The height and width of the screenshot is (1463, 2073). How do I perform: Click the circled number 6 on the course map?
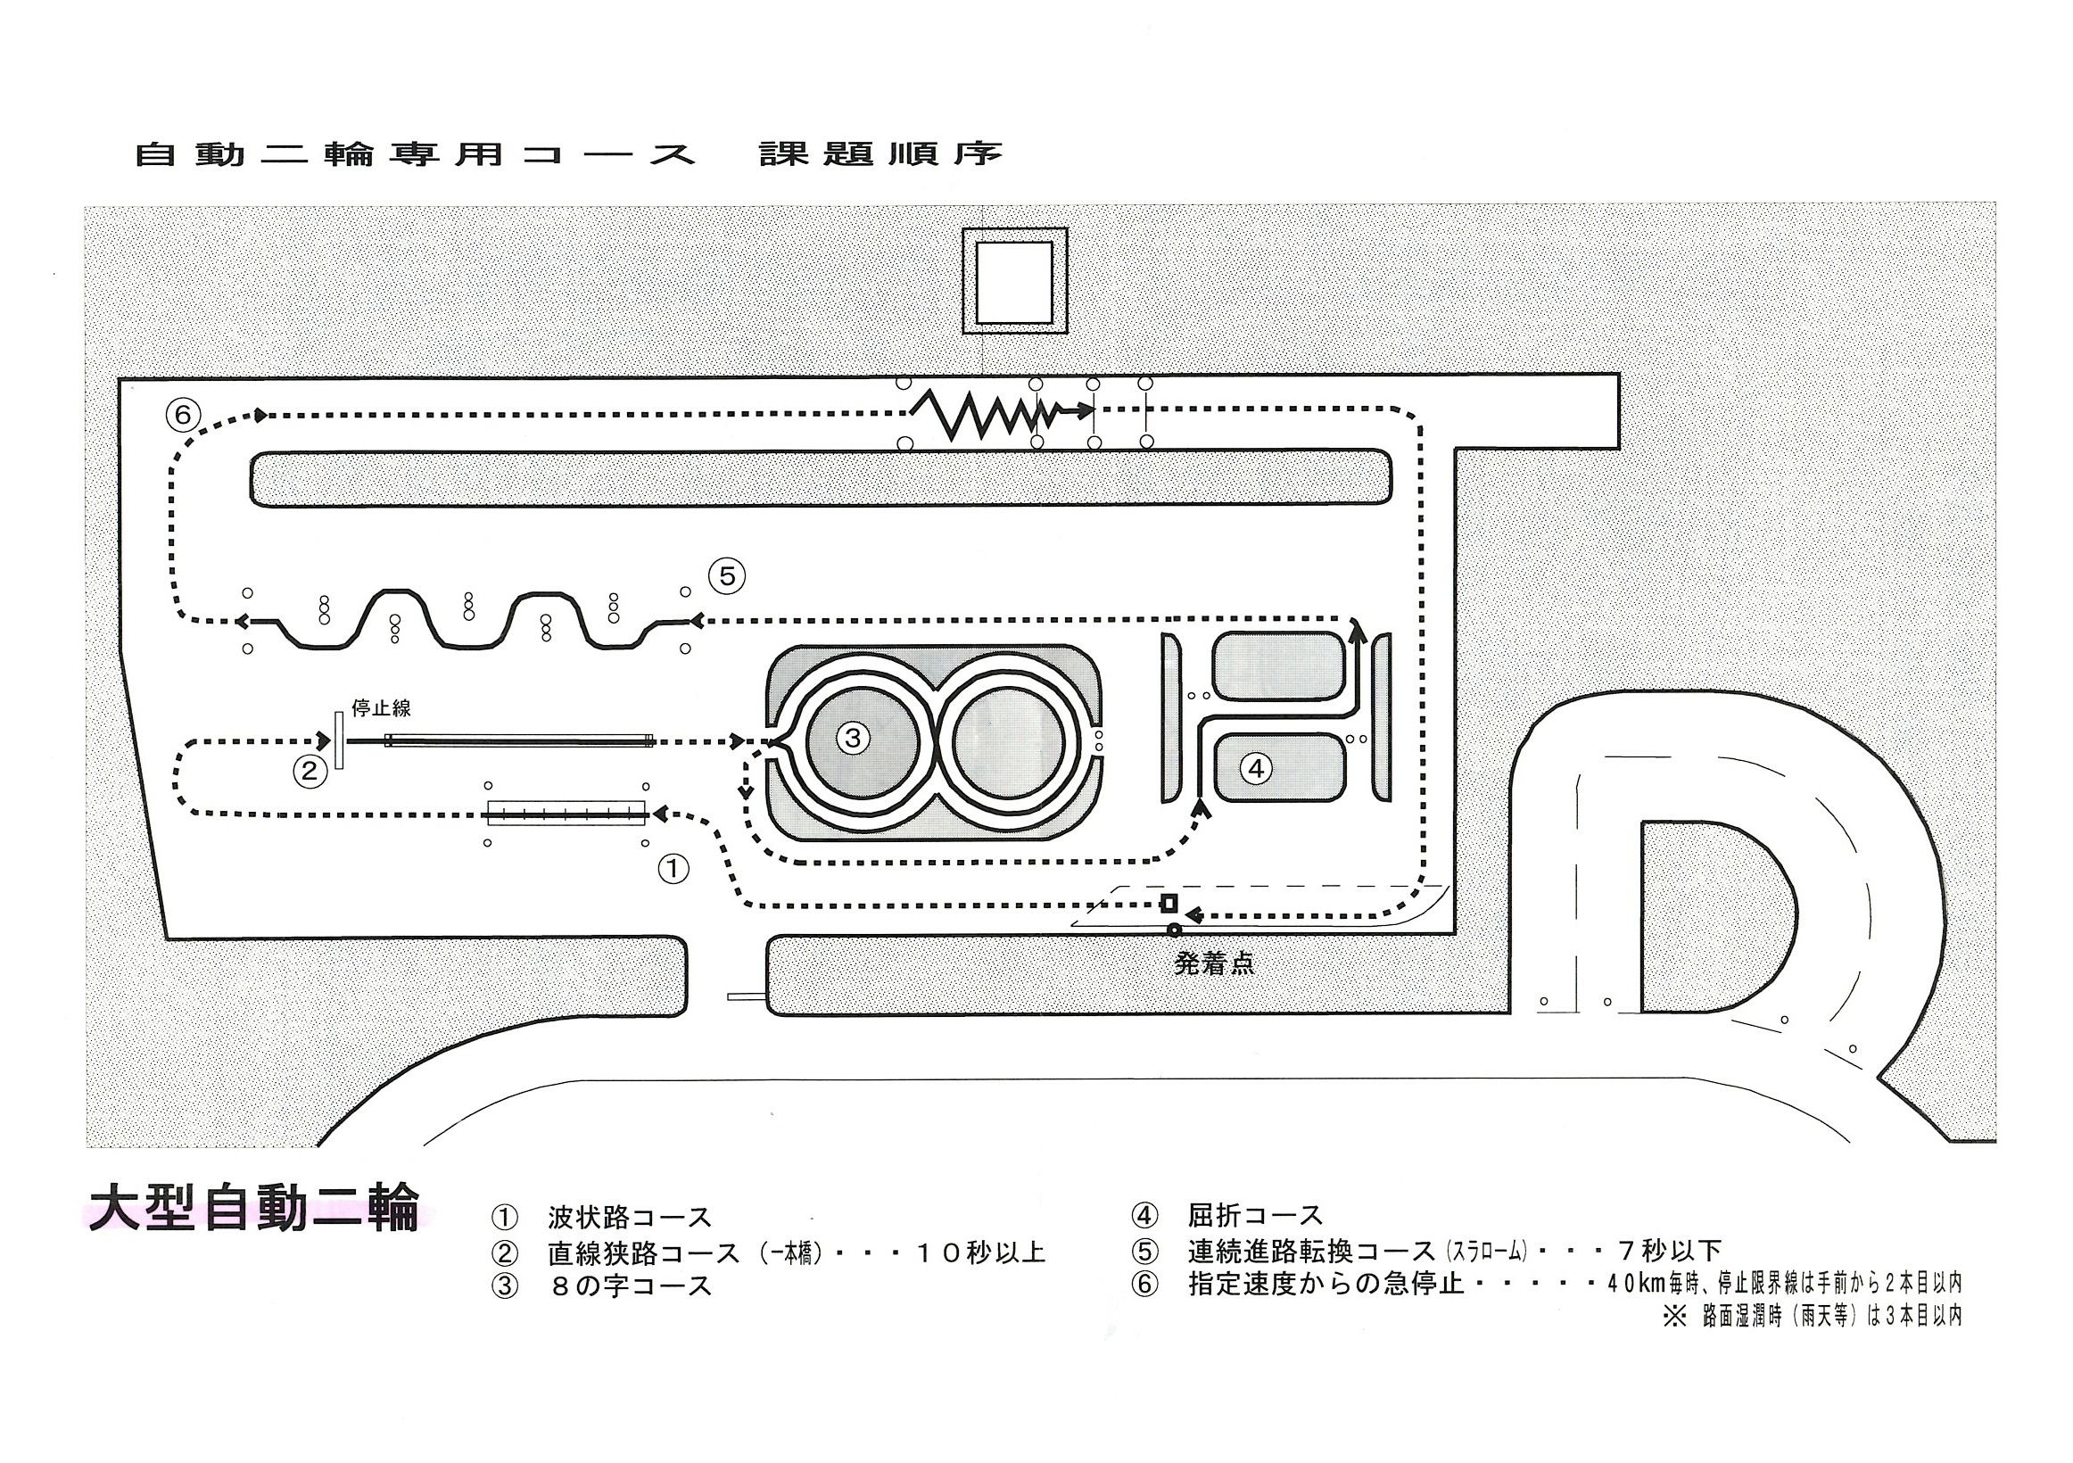tap(183, 415)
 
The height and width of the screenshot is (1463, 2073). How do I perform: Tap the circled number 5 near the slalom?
tap(727, 576)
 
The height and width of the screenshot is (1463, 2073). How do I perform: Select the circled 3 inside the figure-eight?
tap(853, 738)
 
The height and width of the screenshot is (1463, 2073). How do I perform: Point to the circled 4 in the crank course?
tap(1256, 769)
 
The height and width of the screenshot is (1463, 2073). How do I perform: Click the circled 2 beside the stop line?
tap(309, 771)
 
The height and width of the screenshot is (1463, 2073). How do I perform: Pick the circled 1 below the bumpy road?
tap(673, 869)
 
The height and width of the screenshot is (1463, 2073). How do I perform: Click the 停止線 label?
tap(381, 708)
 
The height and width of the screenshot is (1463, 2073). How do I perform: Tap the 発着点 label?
tap(1213, 964)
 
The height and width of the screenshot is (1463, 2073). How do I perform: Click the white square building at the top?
tap(1015, 282)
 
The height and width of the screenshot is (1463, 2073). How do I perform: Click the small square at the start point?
tap(1169, 903)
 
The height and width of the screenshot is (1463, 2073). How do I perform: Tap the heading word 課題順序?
tap(880, 153)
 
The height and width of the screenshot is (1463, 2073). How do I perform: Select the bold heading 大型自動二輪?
tap(253, 1209)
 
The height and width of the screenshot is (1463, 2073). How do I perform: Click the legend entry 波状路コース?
tap(630, 1218)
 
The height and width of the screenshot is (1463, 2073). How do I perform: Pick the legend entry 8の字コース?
tap(630, 1286)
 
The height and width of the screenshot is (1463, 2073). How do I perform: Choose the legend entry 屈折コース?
tap(1255, 1216)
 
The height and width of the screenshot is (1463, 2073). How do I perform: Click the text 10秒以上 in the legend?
tap(980, 1252)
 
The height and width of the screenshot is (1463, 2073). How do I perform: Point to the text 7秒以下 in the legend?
tap(1671, 1251)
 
